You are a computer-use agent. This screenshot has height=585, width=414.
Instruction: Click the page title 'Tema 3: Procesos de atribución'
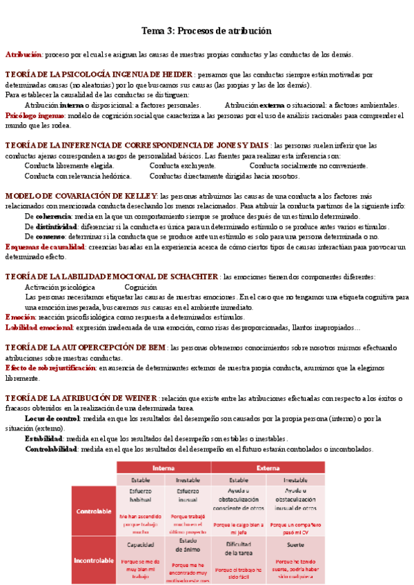pos(206,31)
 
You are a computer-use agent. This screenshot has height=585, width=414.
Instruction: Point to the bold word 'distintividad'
pos(56,226)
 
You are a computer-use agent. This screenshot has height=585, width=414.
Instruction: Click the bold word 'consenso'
pos(50,237)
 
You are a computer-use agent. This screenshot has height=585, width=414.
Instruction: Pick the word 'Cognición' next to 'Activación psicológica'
pos(141,287)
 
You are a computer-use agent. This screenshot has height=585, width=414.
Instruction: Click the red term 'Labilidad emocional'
pos(35,327)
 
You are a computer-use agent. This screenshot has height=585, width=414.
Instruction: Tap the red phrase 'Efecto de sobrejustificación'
pos(50,368)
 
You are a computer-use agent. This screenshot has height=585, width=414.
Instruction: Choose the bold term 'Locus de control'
pos(52,418)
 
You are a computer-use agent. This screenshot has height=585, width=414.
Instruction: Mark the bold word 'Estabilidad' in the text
pos(44,438)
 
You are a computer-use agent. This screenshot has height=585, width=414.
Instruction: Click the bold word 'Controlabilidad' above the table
pos(51,448)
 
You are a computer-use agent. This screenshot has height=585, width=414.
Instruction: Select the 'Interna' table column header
pos(163,467)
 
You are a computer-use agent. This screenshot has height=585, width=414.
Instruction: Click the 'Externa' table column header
pos(268,467)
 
